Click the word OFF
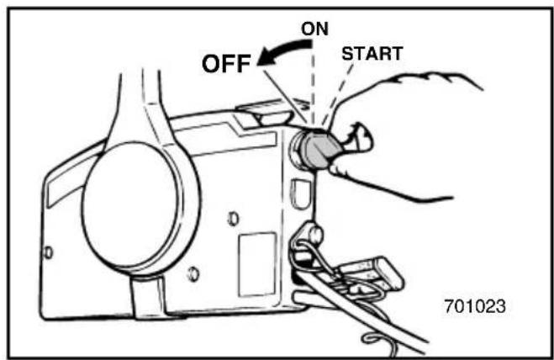tap(226, 64)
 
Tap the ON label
tap(314, 29)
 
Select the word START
tap(372, 54)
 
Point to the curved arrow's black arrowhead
tap(266, 58)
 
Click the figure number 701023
tap(475, 306)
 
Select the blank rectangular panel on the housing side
tap(257, 265)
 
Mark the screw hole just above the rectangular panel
tap(233, 219)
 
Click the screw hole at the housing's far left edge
tap(48, 253)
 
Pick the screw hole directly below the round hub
tap(193, 274)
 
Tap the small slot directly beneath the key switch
tap(300, 193)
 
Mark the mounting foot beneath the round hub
tap(149, 296)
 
